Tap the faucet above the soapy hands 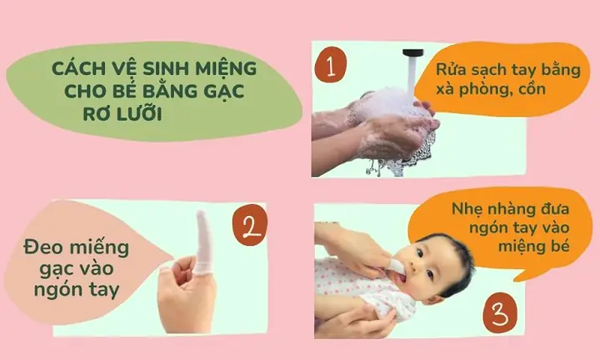[x=410, y=61]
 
